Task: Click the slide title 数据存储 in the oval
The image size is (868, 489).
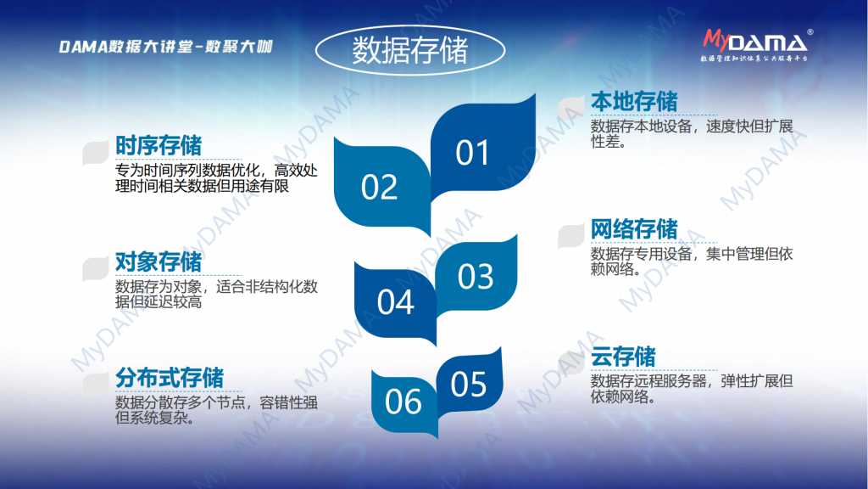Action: coord(410,50)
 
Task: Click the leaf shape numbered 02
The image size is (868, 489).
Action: coord(382,186)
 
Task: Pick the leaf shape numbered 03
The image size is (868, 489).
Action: coord(476,276)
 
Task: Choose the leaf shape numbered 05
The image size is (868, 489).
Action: coord(470,384)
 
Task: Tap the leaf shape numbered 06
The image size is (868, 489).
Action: coord(404,402)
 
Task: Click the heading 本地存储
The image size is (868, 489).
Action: coord(634,102)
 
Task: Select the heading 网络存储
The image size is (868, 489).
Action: coord(634,229)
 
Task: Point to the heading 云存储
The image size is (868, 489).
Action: coord(623,357)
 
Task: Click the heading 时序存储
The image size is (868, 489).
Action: coord(159,146)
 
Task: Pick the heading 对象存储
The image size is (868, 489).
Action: coord(159,262)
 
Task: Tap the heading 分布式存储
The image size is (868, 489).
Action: coord(170,378)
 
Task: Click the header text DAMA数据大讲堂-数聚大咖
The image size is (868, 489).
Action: coord(165,47)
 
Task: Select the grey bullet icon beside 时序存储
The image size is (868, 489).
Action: coord(95,153)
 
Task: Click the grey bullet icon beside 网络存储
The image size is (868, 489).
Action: coord(571,236)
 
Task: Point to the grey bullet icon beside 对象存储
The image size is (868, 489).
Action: coord(95,269)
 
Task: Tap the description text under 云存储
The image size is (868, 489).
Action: coord(692,389)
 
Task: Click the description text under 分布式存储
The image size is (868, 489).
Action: coord(216,410)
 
